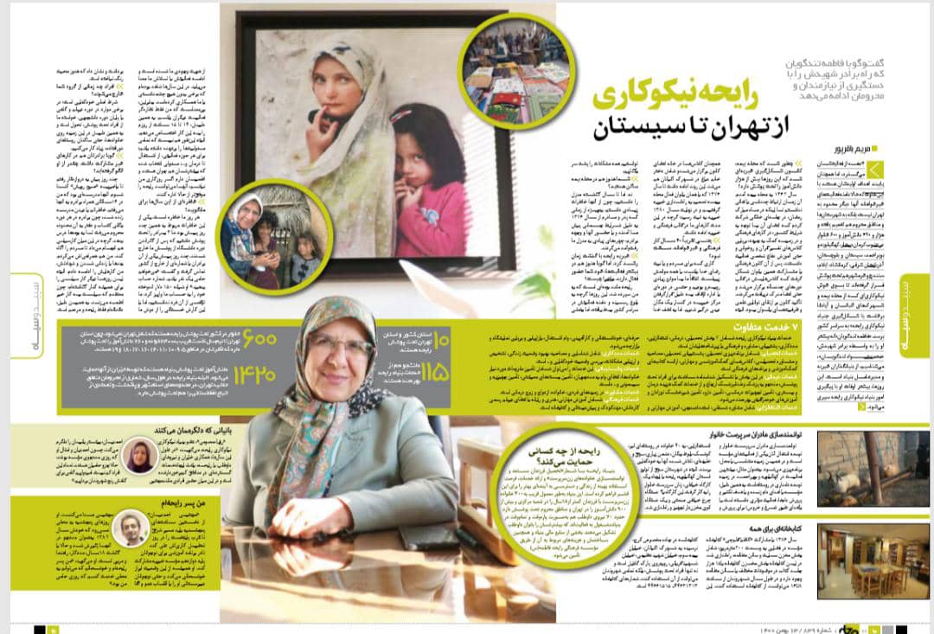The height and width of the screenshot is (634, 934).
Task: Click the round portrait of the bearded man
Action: coord(132,528)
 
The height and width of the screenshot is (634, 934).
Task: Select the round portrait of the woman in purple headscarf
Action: coord(141,455)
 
